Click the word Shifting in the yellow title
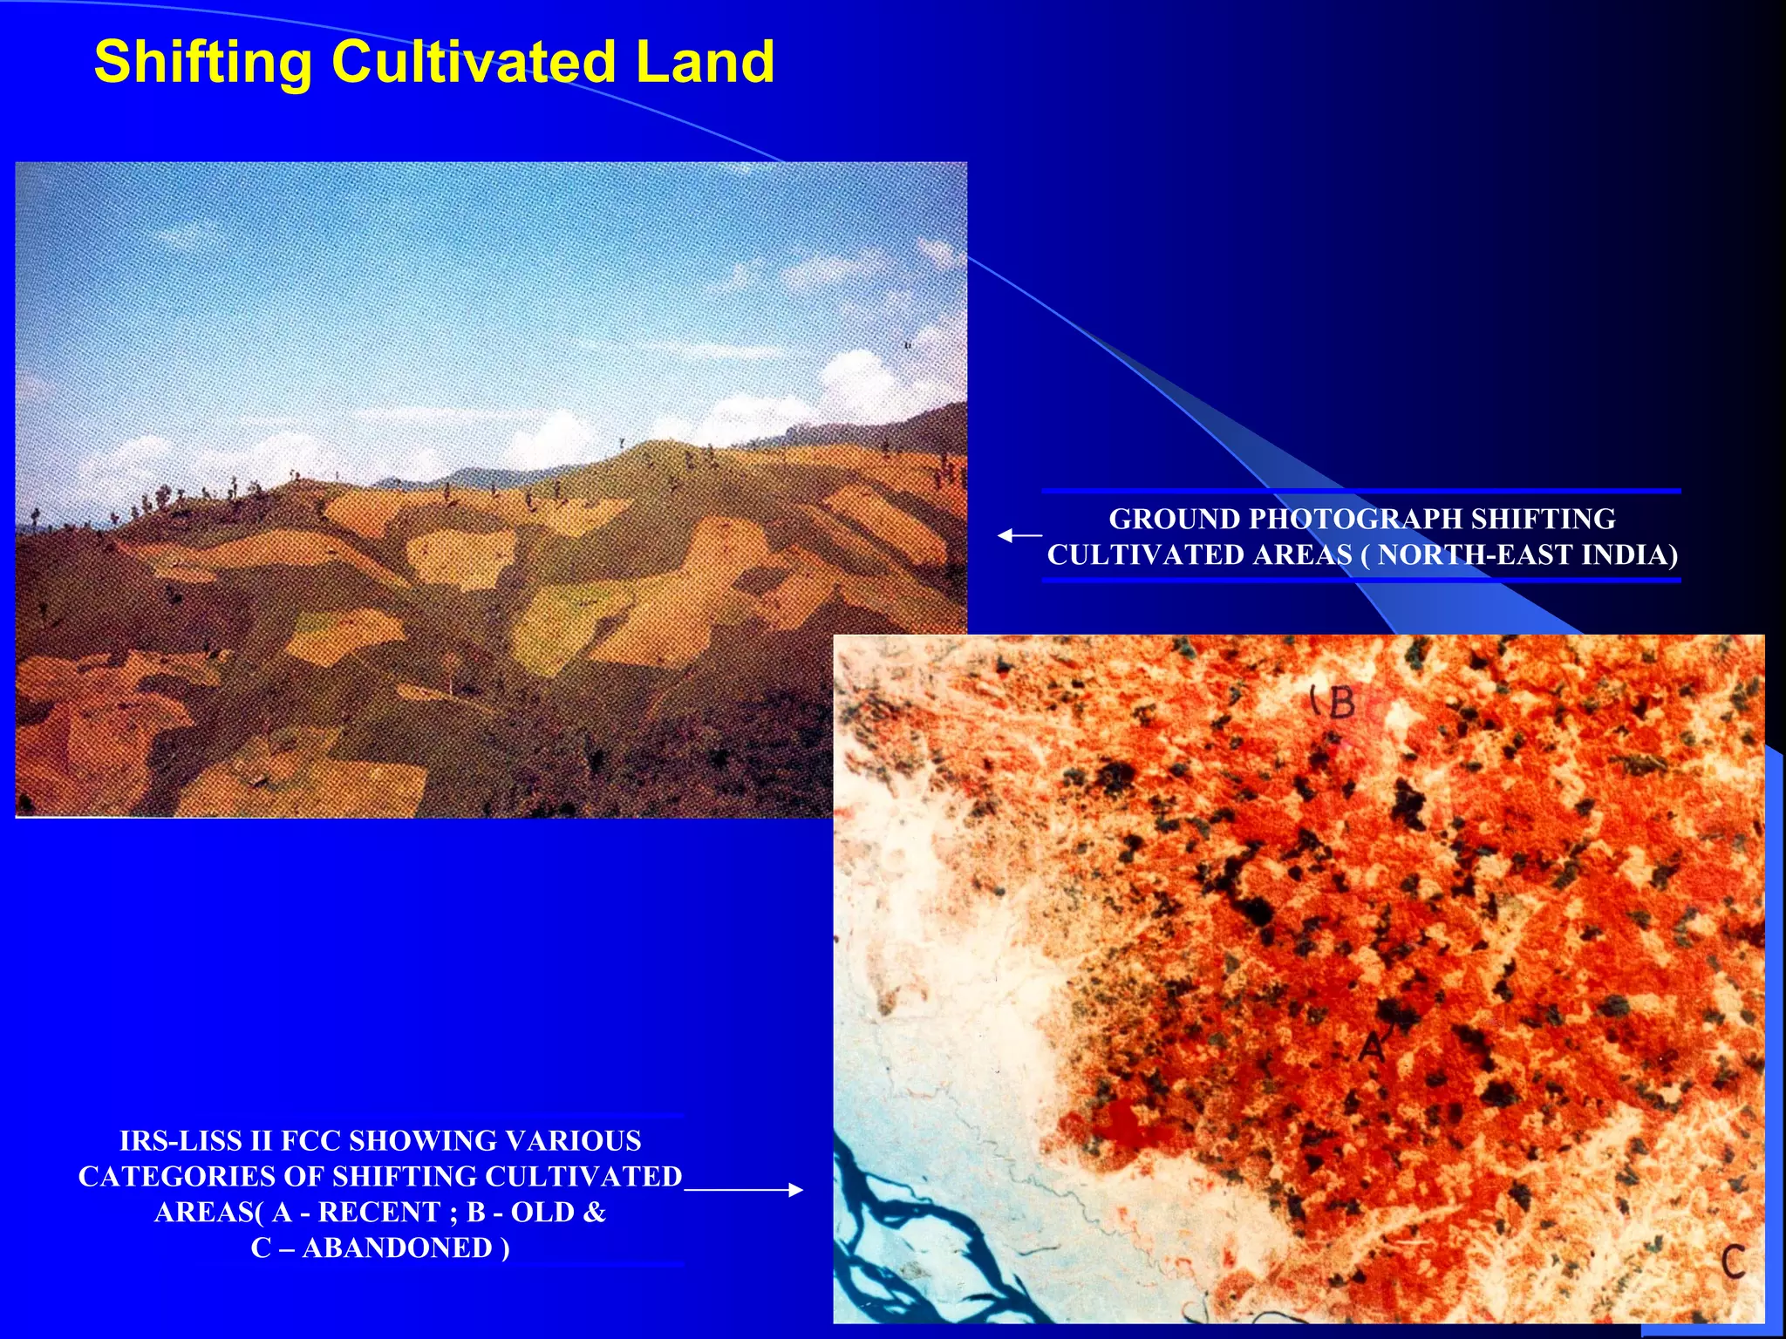click(202, 63)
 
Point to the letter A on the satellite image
click(1372, 1045)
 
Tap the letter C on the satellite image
click(1732, 1261)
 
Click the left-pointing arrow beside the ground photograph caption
click(1019, 535)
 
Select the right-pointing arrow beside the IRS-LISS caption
click(744, 1189)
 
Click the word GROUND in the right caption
click(1174, 519)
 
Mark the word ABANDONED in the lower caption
click(397, 1247)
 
